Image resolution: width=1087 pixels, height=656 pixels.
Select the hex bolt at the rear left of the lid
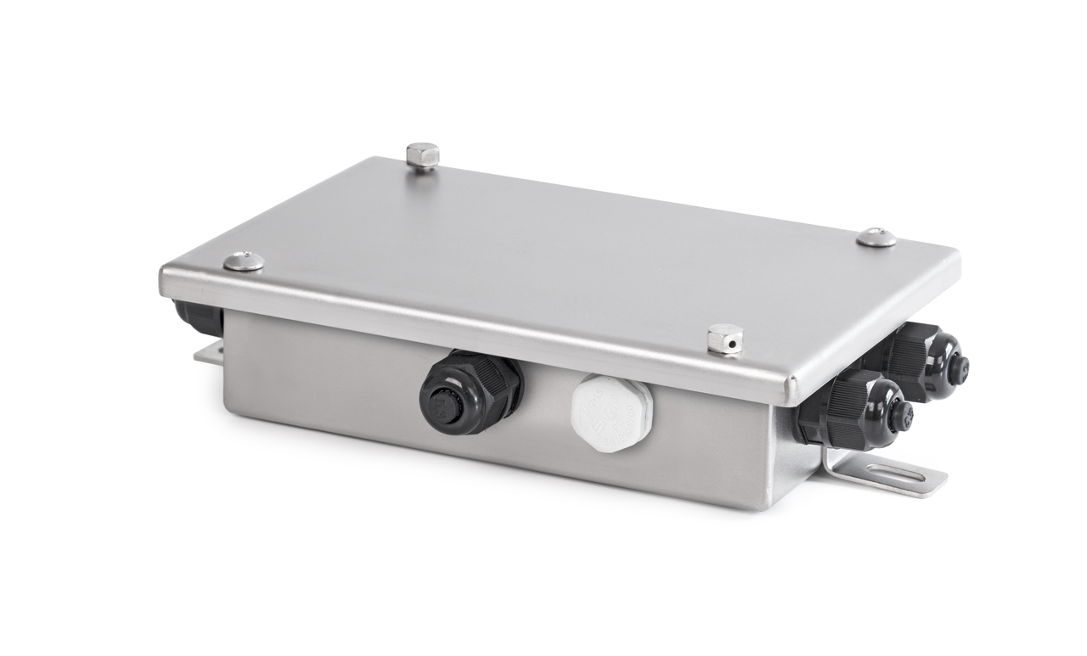[422, 157]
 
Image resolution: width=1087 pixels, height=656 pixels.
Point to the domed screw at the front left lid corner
[244, 261]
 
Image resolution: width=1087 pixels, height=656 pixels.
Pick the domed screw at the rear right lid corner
[876, 238]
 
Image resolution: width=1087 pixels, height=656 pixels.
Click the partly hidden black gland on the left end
[197, 317]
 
